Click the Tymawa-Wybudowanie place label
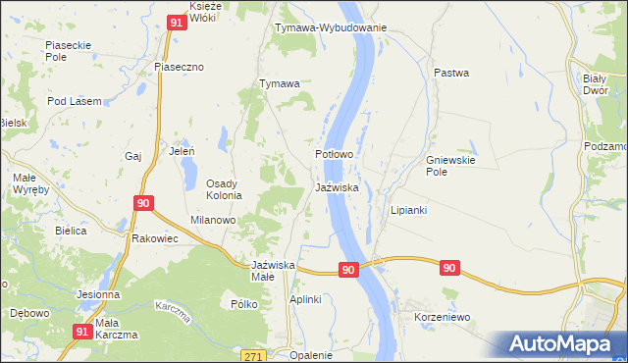(x=331, y=28)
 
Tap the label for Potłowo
(x=334, y=155)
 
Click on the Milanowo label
(x=213, y=221)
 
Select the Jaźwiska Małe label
(x=275, y=271)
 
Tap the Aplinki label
(x=304, y=299)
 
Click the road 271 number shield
(x=254, y=356)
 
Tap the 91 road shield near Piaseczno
(x=177, y=21)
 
